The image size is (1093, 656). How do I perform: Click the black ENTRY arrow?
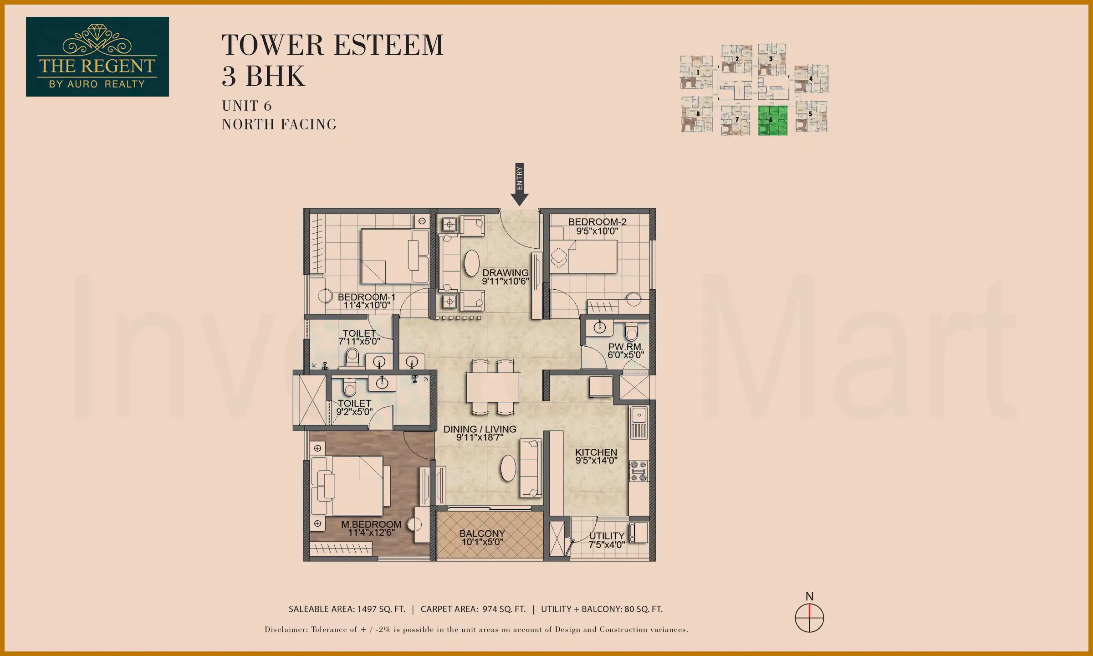coord(519,184)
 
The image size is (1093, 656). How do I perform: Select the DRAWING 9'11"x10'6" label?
coord(506,277)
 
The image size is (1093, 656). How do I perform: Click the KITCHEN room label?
coord(596,456)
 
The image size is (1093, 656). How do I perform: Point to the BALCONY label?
coord(482,538)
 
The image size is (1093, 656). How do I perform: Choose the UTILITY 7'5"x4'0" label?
coord(607,540)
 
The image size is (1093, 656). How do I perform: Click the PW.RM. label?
coord(625,351)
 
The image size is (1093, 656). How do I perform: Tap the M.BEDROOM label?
coord(371,528)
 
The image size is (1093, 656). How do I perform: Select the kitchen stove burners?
coord(638,471)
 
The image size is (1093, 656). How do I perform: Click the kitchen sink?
coord(638,415)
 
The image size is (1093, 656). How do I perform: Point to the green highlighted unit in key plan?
coord(772,121)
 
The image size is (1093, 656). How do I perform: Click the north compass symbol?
coord(809,618)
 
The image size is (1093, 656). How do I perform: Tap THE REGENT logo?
coord(97,56)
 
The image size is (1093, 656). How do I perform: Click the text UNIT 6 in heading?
coord(247,106)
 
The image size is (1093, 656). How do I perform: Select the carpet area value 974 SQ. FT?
coord(504,609)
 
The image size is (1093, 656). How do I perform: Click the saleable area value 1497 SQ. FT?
coord(381,609)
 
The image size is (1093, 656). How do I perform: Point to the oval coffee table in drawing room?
coord(471,263)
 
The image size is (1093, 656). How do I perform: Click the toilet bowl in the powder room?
coord(631,332)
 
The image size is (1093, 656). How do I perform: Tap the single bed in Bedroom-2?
coord(587,256)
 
